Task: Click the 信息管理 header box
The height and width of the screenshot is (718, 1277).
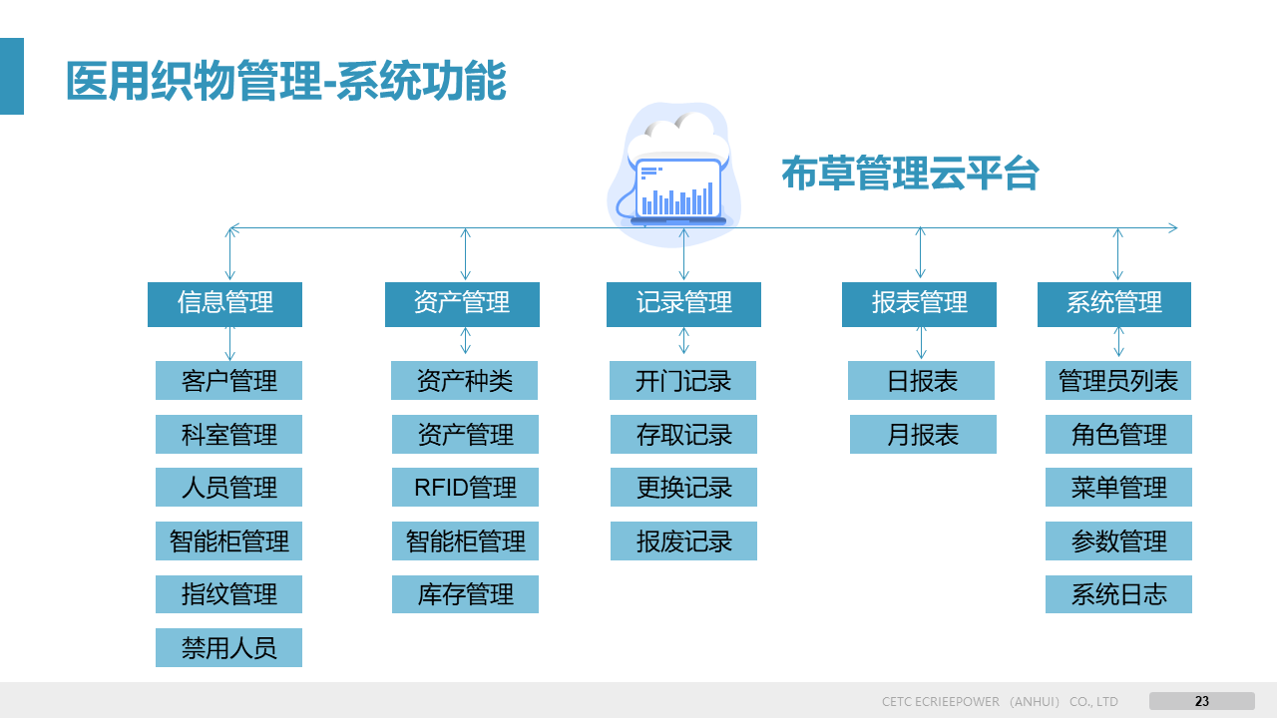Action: click(224, 304)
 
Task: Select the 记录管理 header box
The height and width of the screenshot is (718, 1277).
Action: click(683, 304)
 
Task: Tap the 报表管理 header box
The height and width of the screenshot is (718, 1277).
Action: click(919, 304)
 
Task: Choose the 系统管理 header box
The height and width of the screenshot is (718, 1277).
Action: click(1114, 304)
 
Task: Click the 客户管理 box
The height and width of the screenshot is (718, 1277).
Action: click(228, 381)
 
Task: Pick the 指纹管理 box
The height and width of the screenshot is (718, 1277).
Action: click(228, 594)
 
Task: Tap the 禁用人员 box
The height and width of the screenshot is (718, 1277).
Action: click(228, 648)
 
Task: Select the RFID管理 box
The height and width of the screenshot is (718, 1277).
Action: click(465, 488)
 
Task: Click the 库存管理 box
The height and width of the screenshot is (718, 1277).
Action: click(465, 594)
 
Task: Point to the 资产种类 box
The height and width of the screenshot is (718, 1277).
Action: click(465, 381)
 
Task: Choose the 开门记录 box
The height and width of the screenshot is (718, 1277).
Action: click(683, 381)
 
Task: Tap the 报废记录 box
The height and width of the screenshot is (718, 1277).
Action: click(683, 541)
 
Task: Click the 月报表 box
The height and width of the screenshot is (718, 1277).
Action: click(923, 435)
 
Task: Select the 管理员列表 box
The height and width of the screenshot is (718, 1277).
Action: click(1118, 381)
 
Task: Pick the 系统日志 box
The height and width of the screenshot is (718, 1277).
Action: click(1118, 594)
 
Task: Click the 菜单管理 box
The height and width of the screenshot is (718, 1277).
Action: click(1118, 488)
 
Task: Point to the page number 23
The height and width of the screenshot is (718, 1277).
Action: click(1202, 701)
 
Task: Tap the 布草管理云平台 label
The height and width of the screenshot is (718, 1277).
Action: click(910, 174)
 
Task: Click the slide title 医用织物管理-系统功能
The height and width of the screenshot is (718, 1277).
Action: click(286, 82)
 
